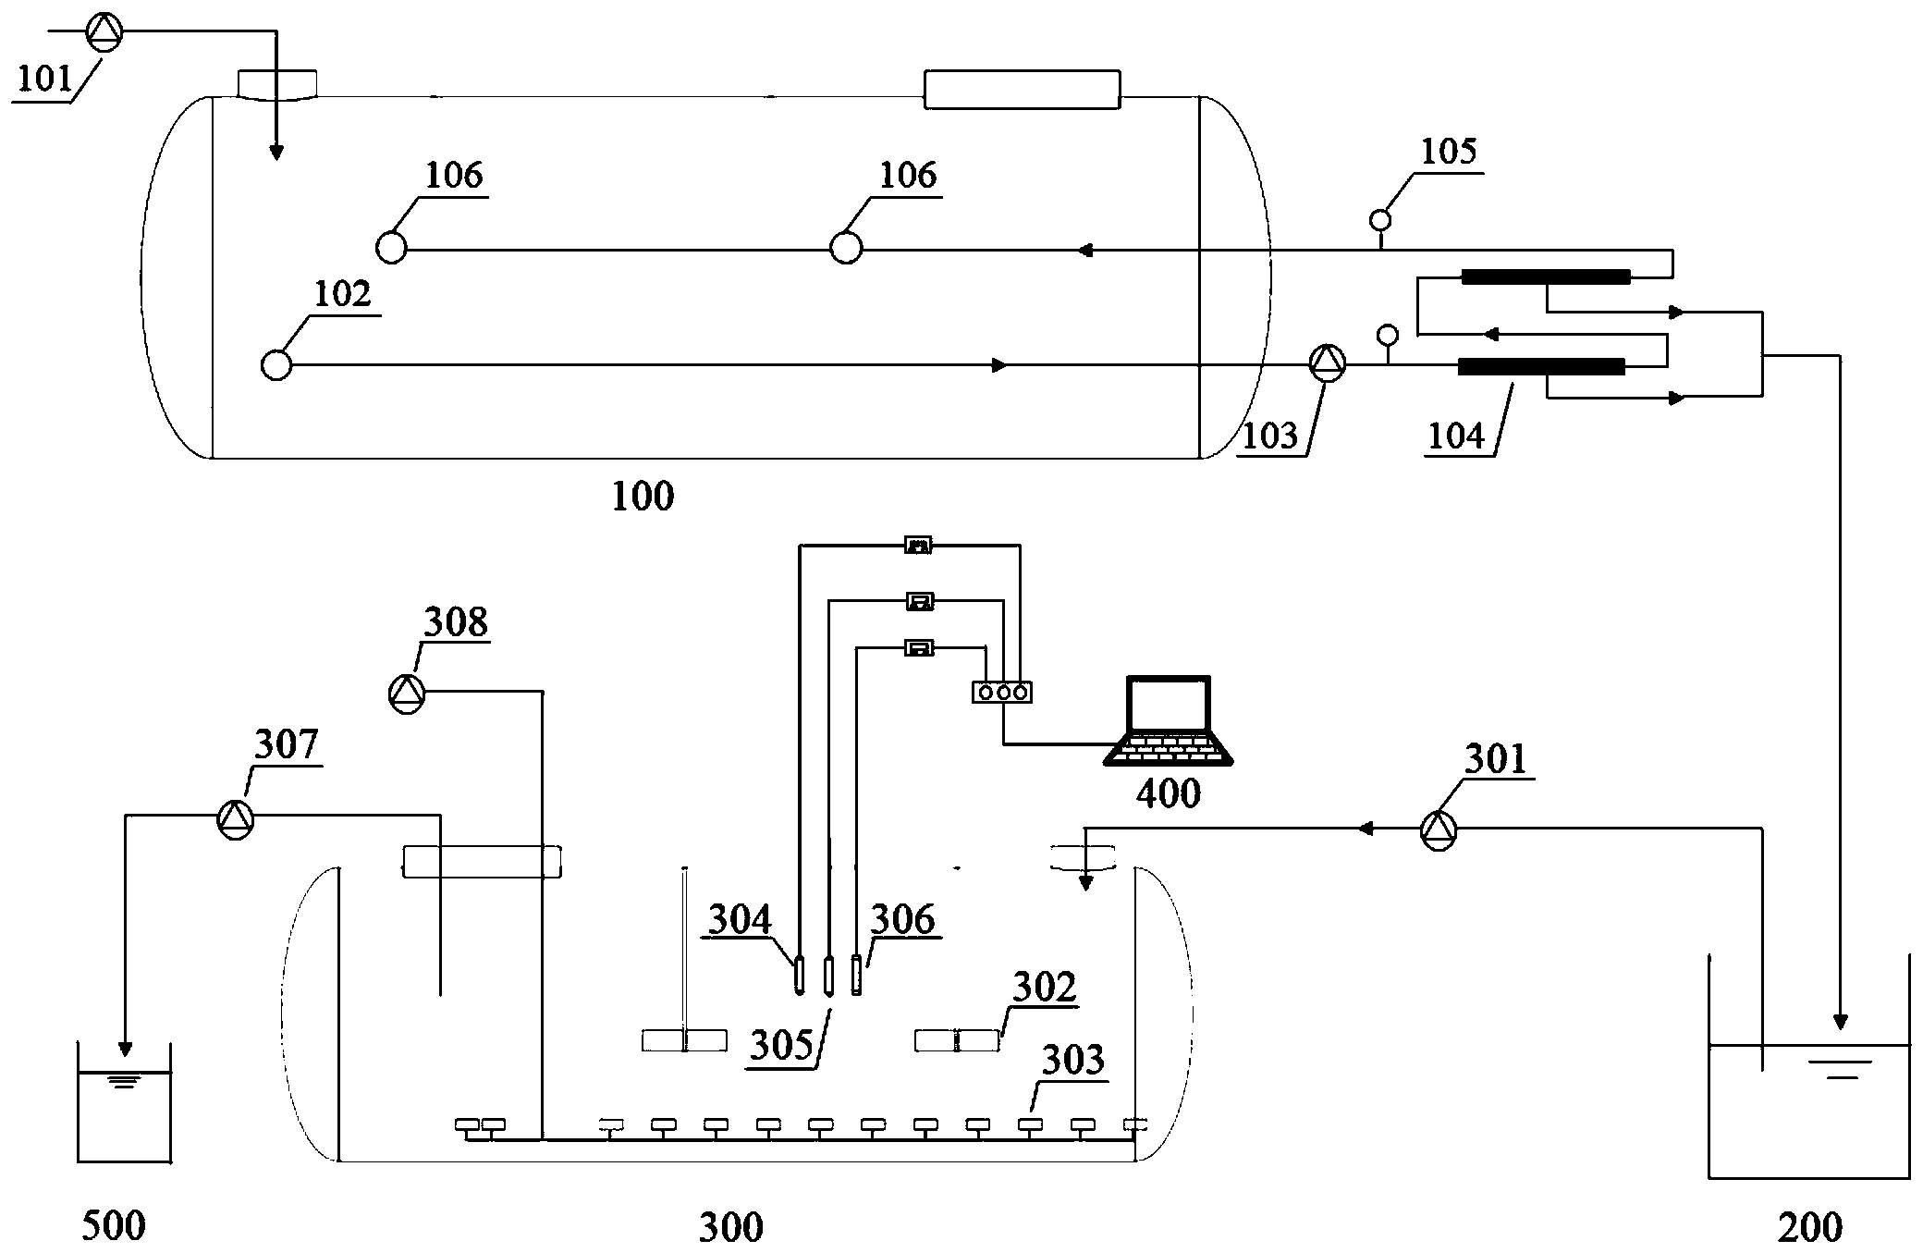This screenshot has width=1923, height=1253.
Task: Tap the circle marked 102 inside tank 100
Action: (276, 365)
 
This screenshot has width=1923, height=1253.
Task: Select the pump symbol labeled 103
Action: (1327, 362)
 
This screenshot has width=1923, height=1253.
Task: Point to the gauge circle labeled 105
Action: (1380, 220)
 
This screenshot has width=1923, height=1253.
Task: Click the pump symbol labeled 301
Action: (1438, 831)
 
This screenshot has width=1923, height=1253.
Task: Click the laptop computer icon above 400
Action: (1169, 721)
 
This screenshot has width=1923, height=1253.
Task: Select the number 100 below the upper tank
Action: (643, 497)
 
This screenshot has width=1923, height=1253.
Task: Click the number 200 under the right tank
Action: (1809, 1227)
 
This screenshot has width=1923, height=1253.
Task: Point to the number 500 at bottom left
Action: (114, 1227)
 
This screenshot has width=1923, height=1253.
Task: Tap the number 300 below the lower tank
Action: (730, 1227)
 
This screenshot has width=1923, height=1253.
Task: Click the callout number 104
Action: (1455, 435)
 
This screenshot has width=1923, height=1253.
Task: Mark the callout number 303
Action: (1072, 1061)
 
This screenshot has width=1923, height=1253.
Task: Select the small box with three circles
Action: (1001, 692)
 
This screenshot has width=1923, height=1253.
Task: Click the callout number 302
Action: (1045, 988)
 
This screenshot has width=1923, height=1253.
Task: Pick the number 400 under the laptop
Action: (1169, 793)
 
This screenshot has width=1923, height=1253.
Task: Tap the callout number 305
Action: (781, 1045)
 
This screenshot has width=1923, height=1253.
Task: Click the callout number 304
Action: (740, 919)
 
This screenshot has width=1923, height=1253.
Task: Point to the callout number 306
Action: (903, 919)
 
